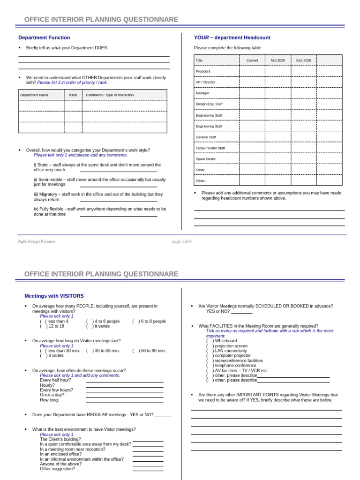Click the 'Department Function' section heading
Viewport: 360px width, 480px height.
44,37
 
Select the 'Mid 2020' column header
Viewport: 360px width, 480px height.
277,60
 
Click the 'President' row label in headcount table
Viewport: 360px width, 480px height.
203,71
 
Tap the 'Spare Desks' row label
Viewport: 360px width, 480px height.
206,159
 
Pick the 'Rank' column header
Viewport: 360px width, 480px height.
73,95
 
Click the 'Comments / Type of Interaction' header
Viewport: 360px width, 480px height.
110,95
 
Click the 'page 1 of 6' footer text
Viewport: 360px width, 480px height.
181,241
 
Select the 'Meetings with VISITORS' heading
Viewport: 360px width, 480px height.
54,296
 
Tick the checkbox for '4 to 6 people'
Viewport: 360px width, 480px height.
90,322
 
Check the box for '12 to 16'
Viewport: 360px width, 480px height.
44,326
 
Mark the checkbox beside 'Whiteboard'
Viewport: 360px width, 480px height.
210,341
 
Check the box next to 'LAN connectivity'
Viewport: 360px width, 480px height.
210,351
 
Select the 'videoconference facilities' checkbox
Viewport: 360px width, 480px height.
210,361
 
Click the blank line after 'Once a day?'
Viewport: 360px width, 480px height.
125,396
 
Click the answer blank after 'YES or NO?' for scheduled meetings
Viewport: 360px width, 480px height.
241,312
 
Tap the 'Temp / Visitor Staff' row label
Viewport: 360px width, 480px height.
210,148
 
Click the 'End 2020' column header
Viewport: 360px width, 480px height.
303,60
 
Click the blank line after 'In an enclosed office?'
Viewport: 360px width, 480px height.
148,455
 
